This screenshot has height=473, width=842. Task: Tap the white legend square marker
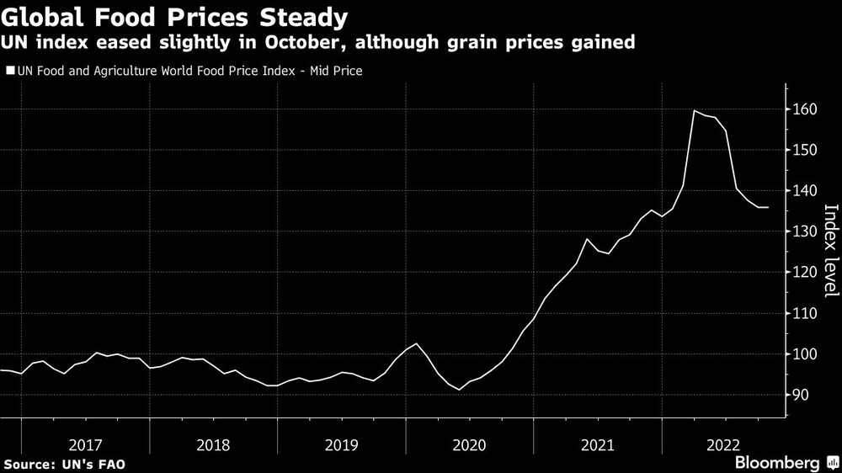[9, 72]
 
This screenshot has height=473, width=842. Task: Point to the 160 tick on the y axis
[804, 109]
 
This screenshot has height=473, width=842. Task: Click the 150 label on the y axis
[804, 150]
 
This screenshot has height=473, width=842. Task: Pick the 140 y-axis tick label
[804, 191]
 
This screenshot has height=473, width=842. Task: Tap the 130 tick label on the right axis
[804, 231]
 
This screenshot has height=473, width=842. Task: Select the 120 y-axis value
[804, 273]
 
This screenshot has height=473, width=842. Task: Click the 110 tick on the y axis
[804, 313]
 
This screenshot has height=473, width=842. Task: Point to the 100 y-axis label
[804, 354]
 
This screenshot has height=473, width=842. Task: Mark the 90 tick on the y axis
[801, 395]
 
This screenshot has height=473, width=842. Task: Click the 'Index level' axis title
[829, 251]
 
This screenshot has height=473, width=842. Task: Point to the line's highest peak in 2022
[694, 111]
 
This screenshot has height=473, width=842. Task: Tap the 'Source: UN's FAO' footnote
[64, 464]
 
